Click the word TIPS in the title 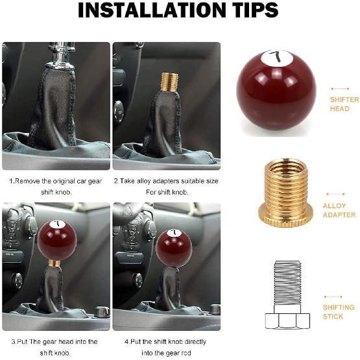point(249,11)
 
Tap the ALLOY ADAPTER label point(339,210)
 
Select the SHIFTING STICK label point(339,311)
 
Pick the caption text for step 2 point(166,187)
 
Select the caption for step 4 point(166,346)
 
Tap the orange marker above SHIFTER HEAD point(339,88)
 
